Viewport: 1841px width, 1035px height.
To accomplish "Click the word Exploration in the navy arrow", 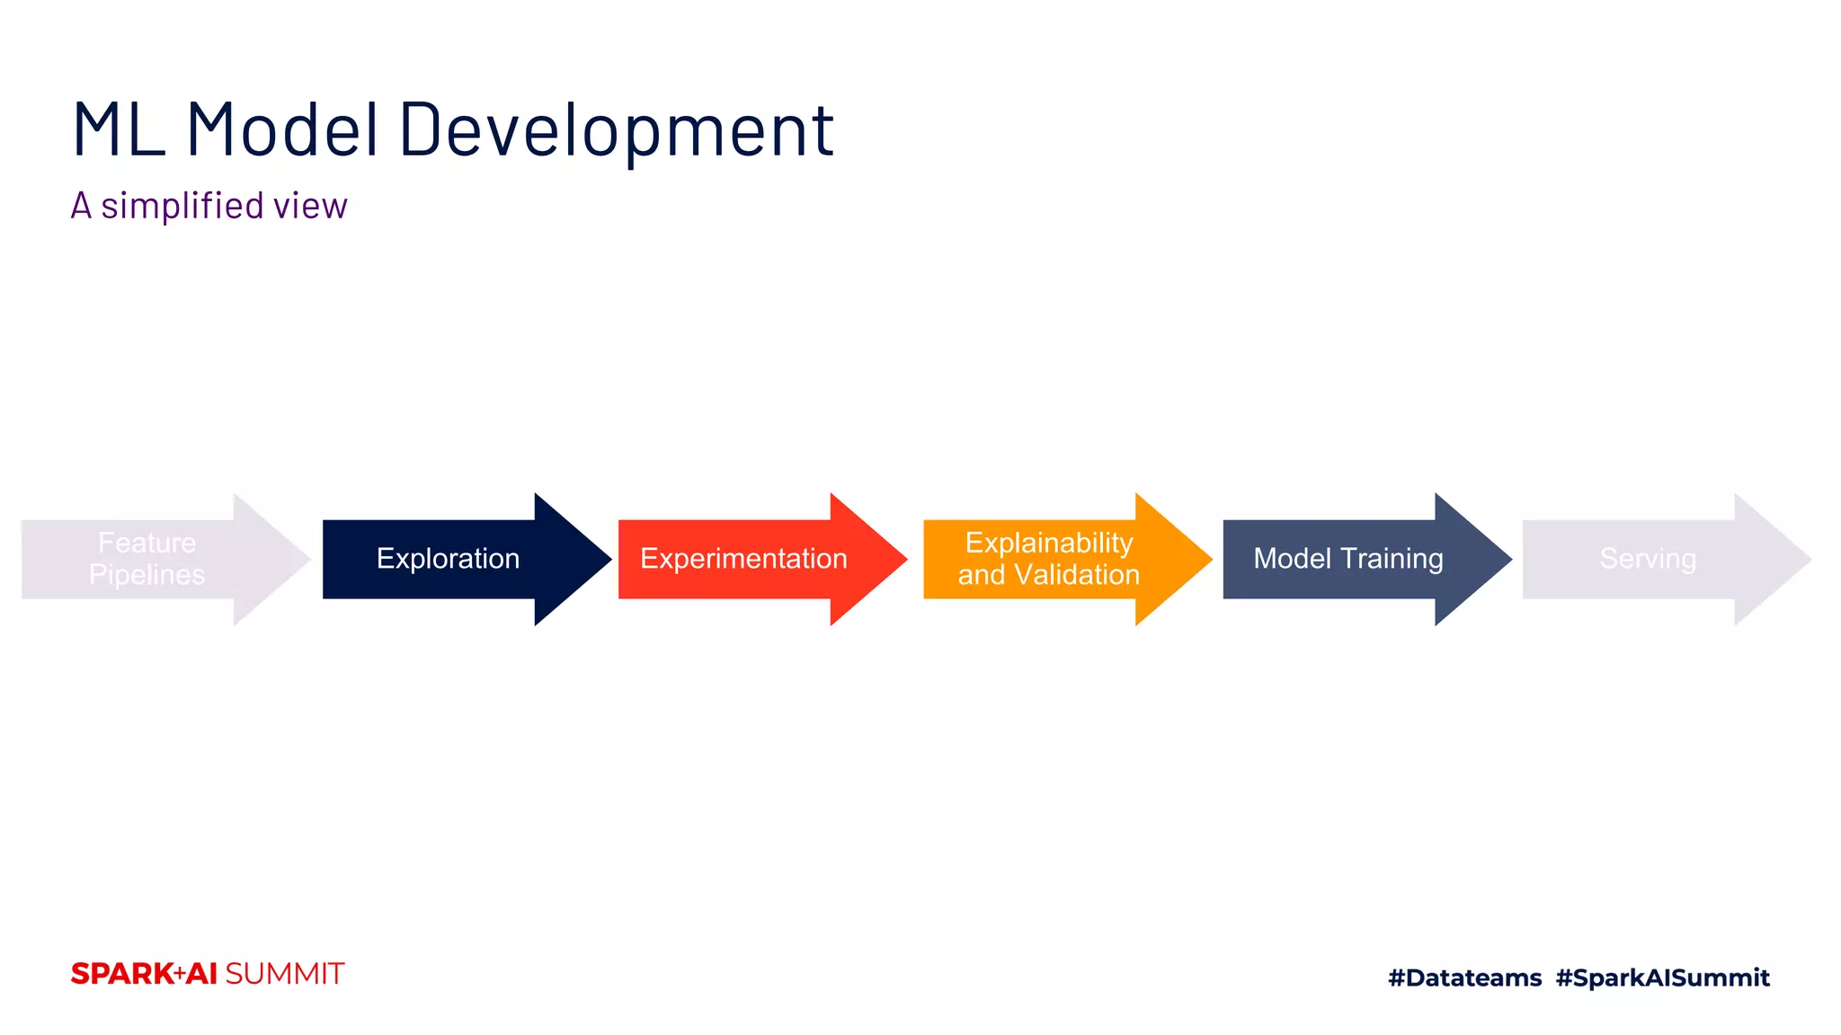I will [448, 559].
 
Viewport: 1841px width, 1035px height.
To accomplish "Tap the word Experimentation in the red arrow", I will [743, 559].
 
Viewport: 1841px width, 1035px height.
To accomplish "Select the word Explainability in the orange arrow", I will [1048, 543].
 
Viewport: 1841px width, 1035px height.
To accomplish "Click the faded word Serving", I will [1647, 559].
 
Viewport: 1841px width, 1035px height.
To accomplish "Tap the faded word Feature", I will [147, 543].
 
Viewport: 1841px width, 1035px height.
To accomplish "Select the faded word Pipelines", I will [147, 575].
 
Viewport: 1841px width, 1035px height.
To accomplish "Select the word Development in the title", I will [617, 130].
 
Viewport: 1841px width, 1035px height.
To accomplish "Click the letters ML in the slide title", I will [118, 130].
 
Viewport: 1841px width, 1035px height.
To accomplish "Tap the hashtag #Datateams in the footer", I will [1464, 977].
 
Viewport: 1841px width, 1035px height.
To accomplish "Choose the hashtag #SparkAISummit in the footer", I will [1662, 977].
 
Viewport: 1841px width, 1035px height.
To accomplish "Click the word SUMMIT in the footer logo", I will [284, 974].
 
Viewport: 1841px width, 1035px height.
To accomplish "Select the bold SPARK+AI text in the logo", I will [144, 974].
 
